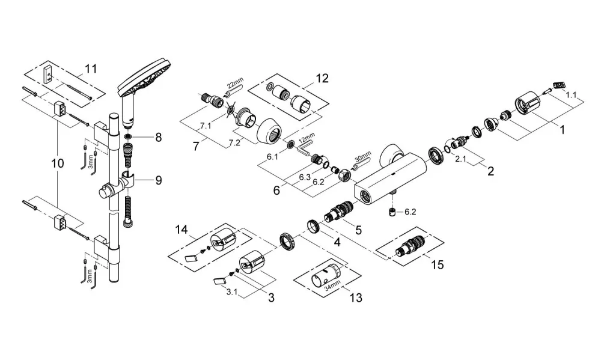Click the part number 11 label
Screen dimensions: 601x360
91,69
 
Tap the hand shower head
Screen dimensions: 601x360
144,87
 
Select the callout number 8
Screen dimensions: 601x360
158,137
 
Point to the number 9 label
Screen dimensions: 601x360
158,180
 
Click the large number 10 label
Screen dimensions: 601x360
58,163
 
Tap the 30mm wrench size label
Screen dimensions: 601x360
363,156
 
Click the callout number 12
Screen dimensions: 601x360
322,78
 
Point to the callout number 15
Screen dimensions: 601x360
438,264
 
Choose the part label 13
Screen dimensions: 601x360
356,297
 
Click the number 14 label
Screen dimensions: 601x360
182,230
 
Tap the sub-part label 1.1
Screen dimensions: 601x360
571,95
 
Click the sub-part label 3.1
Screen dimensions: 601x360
231,292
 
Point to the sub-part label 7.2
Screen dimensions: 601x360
234,142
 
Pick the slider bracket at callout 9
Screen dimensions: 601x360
115,185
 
